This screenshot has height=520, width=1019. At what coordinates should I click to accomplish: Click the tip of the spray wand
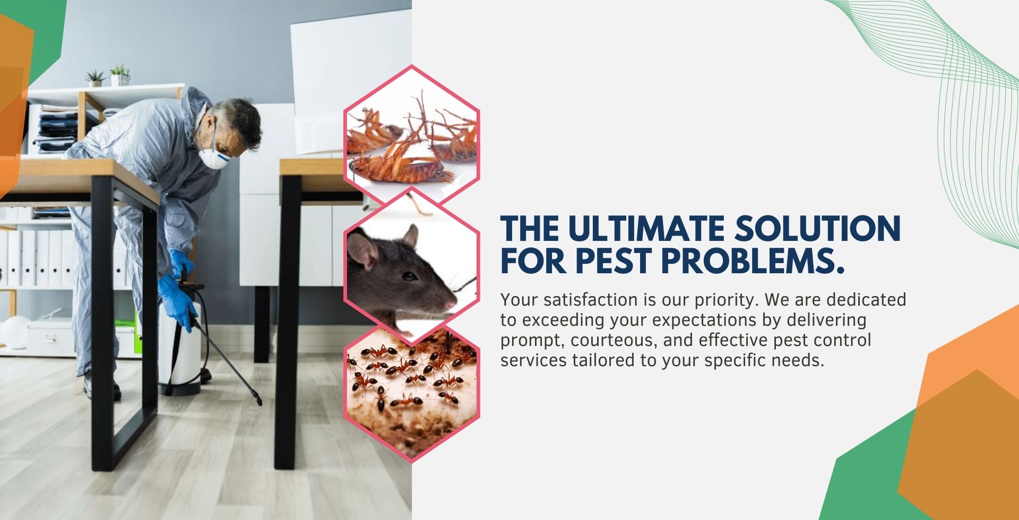(x=260, y=404)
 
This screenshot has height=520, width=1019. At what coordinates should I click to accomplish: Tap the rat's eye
(x=410, y=276)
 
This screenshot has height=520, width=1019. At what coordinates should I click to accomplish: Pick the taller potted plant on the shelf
(x=120, y=75)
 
